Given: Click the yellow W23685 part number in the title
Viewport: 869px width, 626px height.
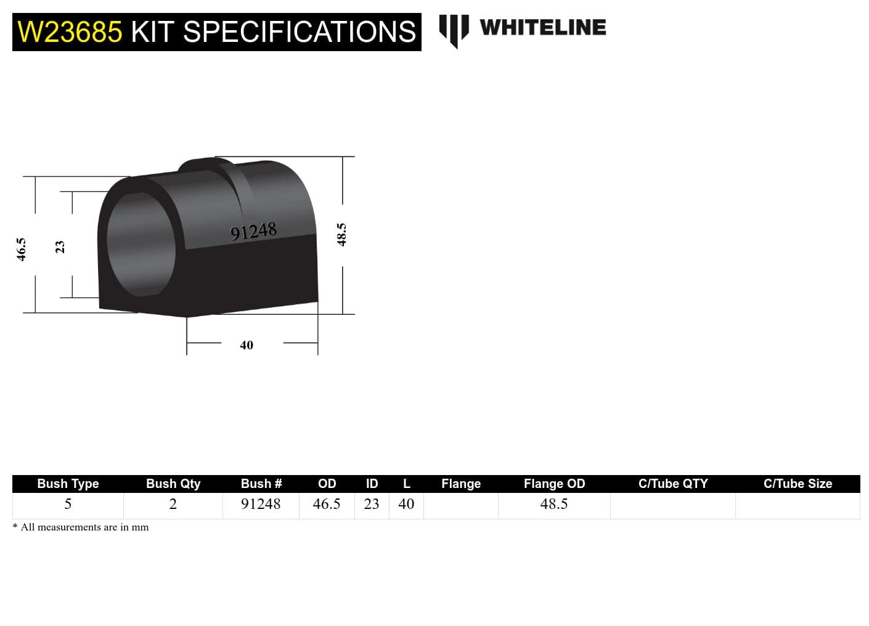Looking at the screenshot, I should (x=70, y=32).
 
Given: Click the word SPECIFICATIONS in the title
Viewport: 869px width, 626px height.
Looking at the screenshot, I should (x=300, y=32).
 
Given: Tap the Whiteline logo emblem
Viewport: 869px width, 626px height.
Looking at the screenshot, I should (x=454, y=30).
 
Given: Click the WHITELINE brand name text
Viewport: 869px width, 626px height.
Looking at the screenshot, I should (x=542, y=28).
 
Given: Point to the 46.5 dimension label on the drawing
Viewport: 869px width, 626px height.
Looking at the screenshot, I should (x=22, y=250).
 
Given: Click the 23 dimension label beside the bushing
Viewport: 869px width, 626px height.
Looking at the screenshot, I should (x=60, y=246).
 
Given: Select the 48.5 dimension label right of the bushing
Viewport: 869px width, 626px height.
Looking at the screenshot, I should (x=342, y=235).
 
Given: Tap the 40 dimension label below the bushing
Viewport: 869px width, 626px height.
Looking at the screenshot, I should (x=247, y=345).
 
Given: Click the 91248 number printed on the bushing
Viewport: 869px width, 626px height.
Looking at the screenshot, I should (x=253, y=232).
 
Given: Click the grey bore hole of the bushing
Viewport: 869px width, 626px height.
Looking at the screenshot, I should (x=141, y=245).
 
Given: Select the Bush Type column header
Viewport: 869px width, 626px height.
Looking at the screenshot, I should (x=68, y=484).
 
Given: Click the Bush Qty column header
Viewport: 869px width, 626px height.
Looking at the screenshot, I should (x=173, y=484).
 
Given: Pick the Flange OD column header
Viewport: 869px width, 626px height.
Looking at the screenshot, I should (x=554, y=484).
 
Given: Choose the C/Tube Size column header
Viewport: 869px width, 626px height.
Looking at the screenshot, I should (x=798, y=484).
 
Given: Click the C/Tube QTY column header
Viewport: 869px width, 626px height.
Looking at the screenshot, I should (x=673, y=484).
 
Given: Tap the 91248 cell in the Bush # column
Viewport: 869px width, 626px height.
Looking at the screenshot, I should (x=261, y=504).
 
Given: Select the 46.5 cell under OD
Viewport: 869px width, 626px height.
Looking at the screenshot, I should (x=327, y=504).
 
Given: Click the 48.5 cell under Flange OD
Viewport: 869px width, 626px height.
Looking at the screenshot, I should (x=554, y=504).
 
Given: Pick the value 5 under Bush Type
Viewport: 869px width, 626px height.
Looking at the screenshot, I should (x=68, y=504).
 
